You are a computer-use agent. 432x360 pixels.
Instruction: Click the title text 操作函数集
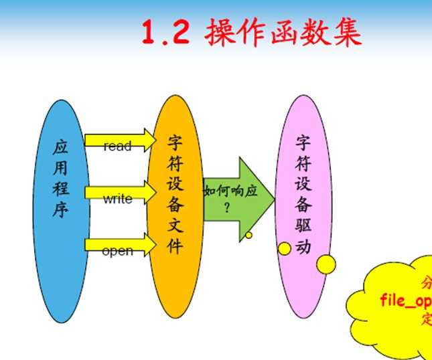point(284,33)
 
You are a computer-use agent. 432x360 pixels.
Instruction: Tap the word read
point(117,146)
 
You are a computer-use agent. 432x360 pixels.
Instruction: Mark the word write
point(117,199)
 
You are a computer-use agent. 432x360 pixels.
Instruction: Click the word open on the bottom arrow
point(117,252)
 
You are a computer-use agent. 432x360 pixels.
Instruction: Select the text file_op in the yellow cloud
point(406,299)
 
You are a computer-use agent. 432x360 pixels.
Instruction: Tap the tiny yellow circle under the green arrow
point(248,235)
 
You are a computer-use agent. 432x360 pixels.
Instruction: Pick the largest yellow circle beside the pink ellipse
point(326,264)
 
